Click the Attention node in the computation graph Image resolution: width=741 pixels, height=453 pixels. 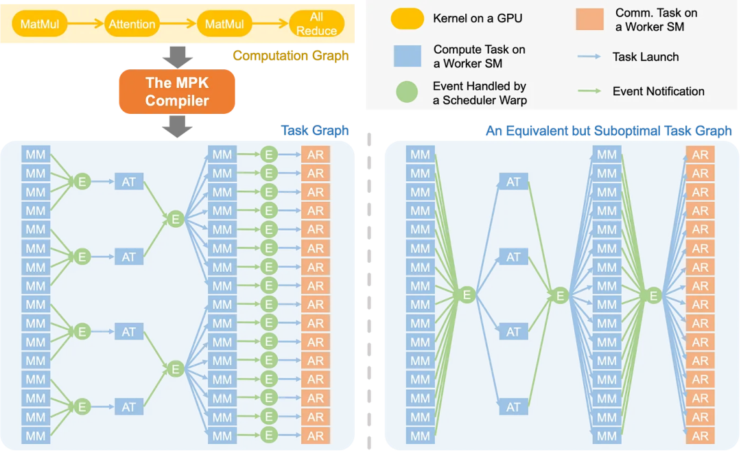tap(132, 25)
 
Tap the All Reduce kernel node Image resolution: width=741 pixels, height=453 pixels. tap(316, 25)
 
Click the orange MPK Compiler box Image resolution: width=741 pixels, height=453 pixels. tap(177, 92)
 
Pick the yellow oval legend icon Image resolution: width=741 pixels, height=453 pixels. tap(407, 19)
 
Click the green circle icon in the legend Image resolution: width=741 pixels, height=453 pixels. tap(406, 93)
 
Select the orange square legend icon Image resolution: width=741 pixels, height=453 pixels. tap(589, 19)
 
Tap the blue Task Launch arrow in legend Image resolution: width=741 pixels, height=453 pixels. tap(589, 57)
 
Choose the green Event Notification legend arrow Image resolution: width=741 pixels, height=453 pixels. tap(589, 91)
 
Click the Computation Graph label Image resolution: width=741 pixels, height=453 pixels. tap(290, 56)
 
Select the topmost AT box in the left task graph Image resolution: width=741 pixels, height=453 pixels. tap(129, 181)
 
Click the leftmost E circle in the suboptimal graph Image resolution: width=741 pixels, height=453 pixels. tap(467, 295)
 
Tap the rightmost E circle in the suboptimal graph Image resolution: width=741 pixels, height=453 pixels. tap(653, 295)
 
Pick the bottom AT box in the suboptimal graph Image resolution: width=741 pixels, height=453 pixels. tap(513, 407)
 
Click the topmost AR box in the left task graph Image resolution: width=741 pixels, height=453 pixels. tap(316, 154)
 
